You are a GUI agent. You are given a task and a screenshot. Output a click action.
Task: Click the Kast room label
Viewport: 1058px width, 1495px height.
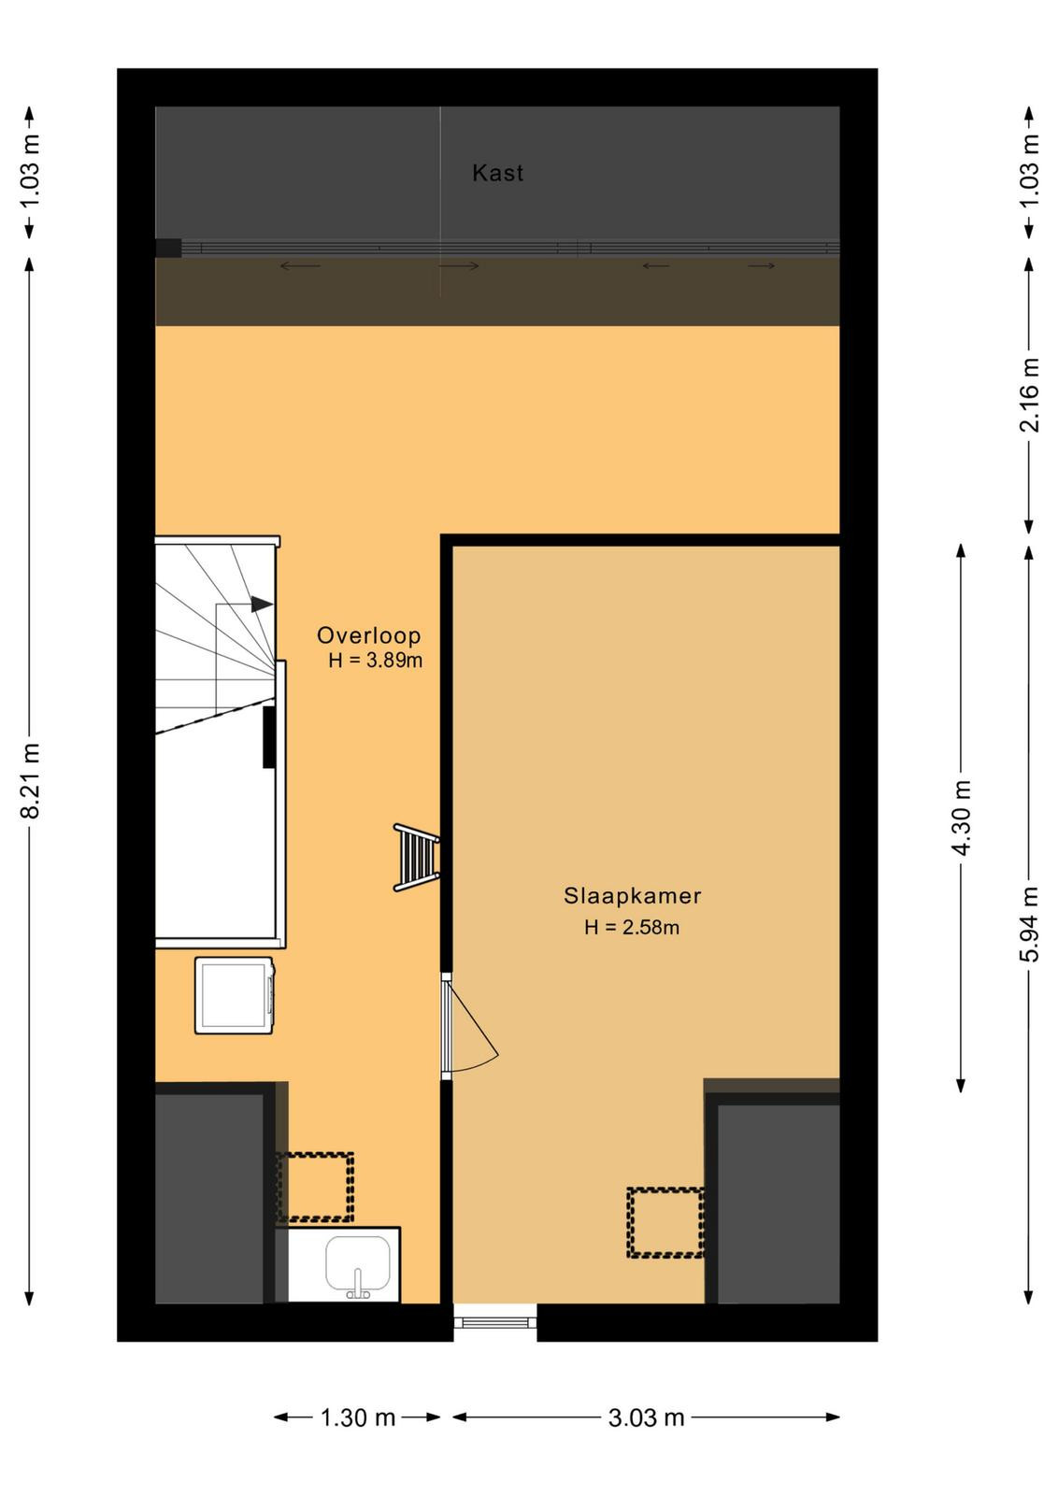coord(497,173)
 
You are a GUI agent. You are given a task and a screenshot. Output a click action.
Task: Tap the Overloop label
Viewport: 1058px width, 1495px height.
coord(368,634)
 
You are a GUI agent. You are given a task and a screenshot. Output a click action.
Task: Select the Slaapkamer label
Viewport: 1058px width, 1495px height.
coord(632,895)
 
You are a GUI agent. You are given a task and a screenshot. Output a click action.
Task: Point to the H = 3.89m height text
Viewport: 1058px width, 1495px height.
coord(375,661)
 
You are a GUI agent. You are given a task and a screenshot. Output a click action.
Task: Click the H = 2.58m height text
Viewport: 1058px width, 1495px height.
coord(632,927)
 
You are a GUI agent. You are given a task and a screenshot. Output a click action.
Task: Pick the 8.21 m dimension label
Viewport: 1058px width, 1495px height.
coord(31,779)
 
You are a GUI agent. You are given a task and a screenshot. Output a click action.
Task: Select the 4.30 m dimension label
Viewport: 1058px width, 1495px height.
coord(961,818)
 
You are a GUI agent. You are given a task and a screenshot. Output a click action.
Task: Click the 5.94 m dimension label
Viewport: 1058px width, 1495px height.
coord(1029,924)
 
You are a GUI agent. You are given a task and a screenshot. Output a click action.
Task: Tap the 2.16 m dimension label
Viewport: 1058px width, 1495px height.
coord(1029,396)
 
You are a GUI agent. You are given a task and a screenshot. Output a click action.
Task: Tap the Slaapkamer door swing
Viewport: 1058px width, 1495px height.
coord(470,1024)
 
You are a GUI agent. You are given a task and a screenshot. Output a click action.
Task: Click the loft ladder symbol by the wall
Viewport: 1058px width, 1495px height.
coord(416,858)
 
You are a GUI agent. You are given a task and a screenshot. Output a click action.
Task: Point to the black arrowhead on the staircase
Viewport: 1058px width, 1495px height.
coord(262,604)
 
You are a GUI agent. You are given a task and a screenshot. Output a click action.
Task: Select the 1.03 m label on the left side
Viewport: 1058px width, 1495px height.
coord(31,172)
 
